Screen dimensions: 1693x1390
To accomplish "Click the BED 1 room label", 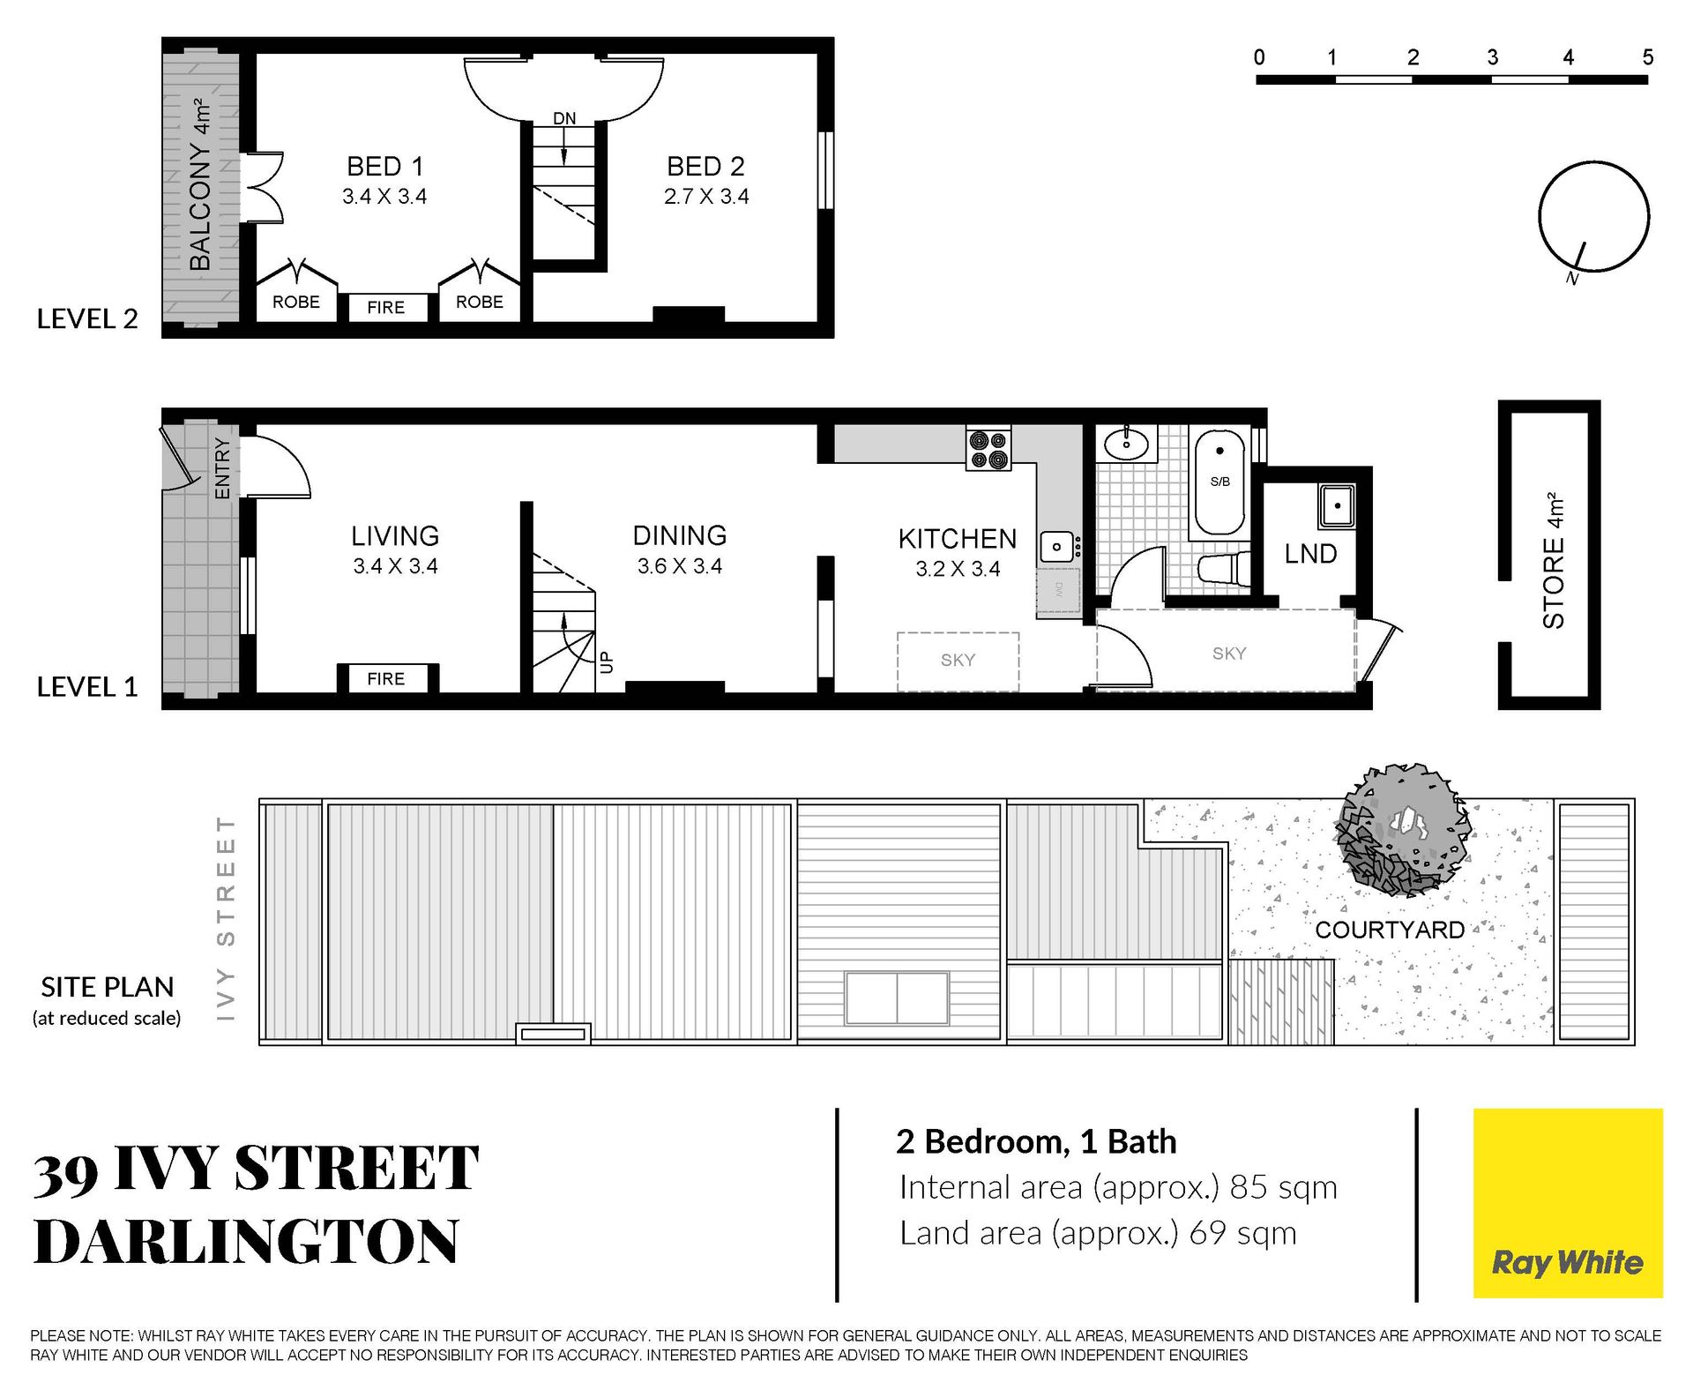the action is [x=385, y=166].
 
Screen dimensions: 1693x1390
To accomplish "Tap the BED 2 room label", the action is [x=705, y=166].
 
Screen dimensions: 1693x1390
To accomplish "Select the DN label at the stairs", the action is [x=564, y=118].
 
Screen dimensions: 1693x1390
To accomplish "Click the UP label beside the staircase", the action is [x=606, y=661].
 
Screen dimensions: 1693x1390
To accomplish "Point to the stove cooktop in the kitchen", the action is [x=988, y=449].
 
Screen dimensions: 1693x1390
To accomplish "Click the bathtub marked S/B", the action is [x=1219, y=482].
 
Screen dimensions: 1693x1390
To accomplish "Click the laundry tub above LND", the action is [x=1337, y=506].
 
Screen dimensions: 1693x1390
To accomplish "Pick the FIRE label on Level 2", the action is [x=386, y=308].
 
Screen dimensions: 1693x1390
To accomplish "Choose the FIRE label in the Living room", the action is [x=386, y=679].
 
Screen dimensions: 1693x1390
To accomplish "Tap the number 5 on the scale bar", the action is [x=1647, y=57].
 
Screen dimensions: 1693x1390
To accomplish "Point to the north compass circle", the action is [x=1593, y=216].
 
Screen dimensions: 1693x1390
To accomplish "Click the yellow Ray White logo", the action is [x=1568, y=1203].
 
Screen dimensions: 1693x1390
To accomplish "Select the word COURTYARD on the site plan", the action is [x=1390, y=930].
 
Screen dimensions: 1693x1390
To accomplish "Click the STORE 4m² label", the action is [x=1554, y=560].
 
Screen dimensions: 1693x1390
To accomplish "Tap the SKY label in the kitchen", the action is [x=958, y=660].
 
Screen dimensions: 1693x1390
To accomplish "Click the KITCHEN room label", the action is [x=958, y=538].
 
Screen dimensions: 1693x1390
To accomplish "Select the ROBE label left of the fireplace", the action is [x=296, y=303].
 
